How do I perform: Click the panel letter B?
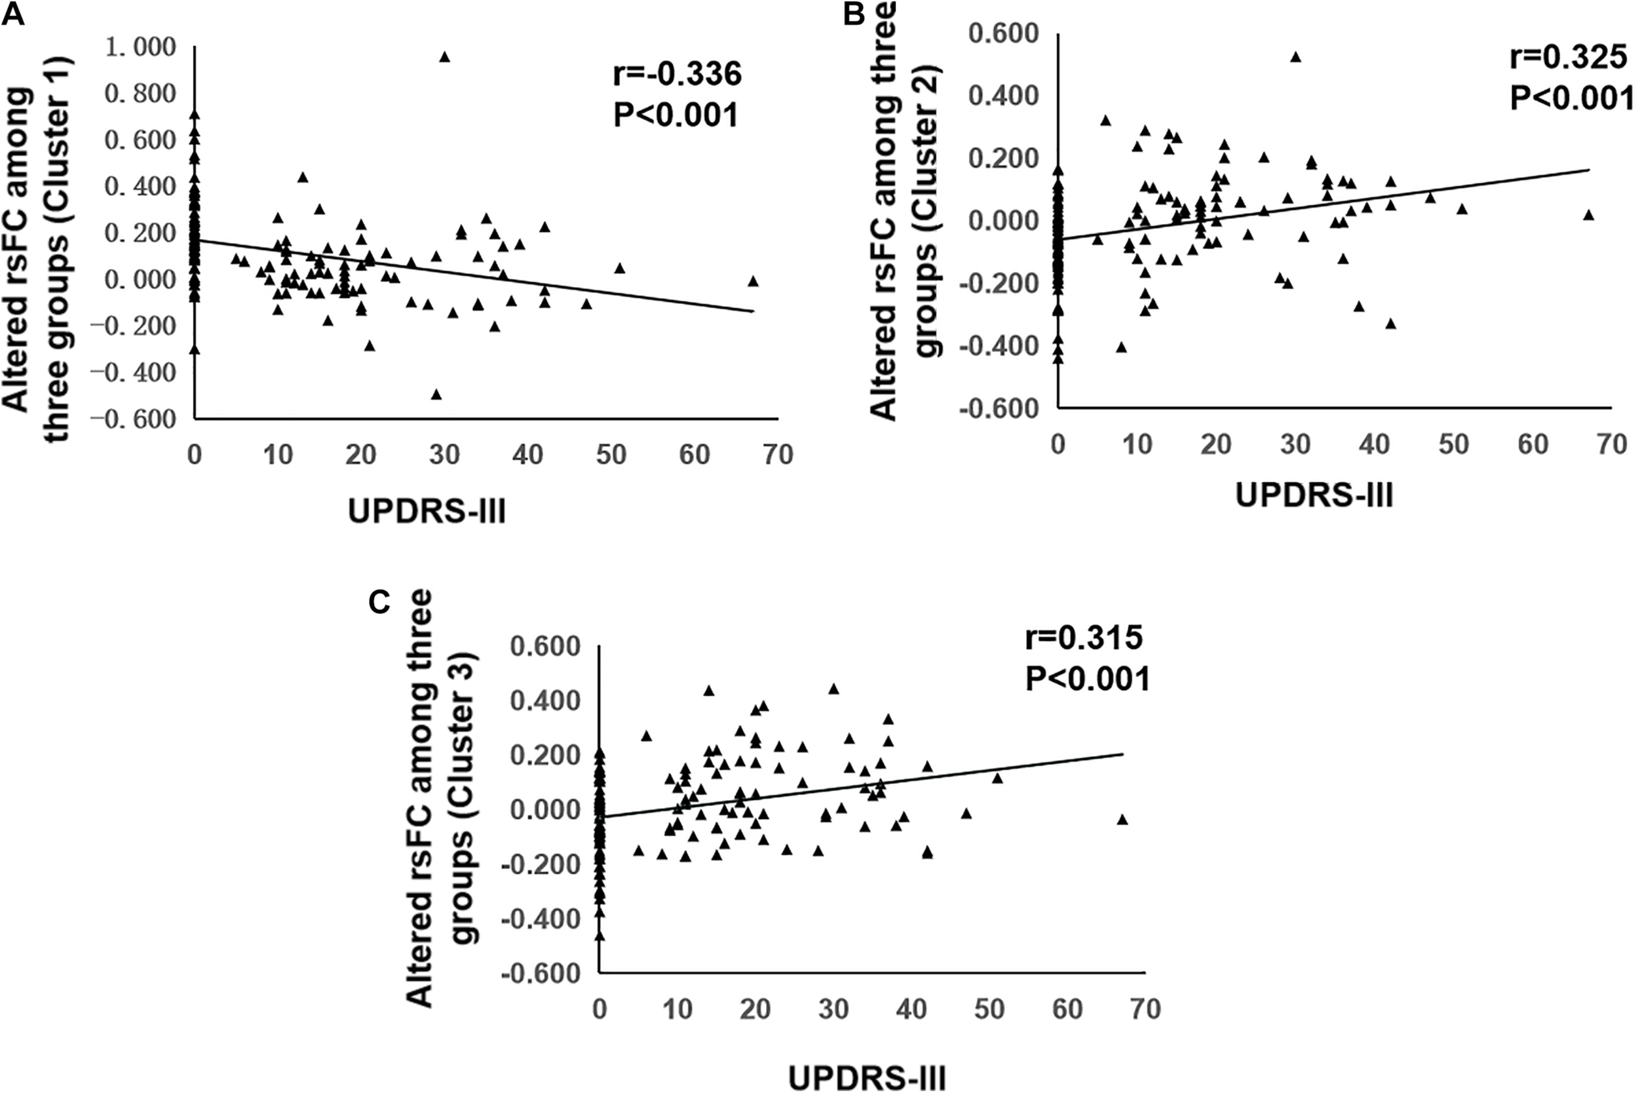point(854,13)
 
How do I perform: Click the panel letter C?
point(379,602)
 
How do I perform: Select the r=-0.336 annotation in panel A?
point(677,74)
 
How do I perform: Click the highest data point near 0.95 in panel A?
point(445,57)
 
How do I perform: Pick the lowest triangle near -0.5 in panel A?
point(436,394)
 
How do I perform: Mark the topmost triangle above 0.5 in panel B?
point(1296,57)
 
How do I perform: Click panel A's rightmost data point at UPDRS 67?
point(753,281)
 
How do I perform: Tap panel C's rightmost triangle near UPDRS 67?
point(1122,819)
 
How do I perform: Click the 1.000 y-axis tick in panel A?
point(140,47)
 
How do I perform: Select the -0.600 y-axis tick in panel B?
point(998,408)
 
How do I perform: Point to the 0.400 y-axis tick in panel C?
point(545,700)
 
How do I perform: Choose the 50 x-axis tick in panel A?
point(611,455)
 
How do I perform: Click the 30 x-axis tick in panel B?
point(1296,444)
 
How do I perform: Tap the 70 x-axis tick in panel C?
point(1145,1010)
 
